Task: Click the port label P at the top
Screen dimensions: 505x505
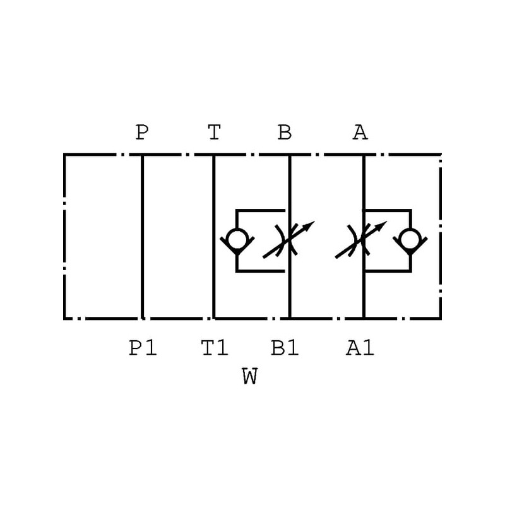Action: (x=142, y=133)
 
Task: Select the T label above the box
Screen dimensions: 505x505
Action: (x=215, y=133)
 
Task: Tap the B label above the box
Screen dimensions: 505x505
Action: (x=285, y=133)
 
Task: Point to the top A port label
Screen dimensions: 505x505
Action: (x=360, y=133)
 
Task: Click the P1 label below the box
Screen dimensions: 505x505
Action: (x=143, y=348)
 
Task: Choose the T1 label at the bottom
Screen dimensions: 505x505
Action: (x=215, y=348)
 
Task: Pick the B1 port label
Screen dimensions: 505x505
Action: (x=285, y=348)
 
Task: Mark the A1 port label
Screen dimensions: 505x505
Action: (x=360, y=348)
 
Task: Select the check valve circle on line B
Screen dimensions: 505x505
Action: (x=236, y=240)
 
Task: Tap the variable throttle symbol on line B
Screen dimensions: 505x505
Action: (x=288, y=240)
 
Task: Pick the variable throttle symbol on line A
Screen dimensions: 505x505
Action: (x=362, y=240)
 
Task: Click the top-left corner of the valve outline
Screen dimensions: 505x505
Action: (x=64, y=154)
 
